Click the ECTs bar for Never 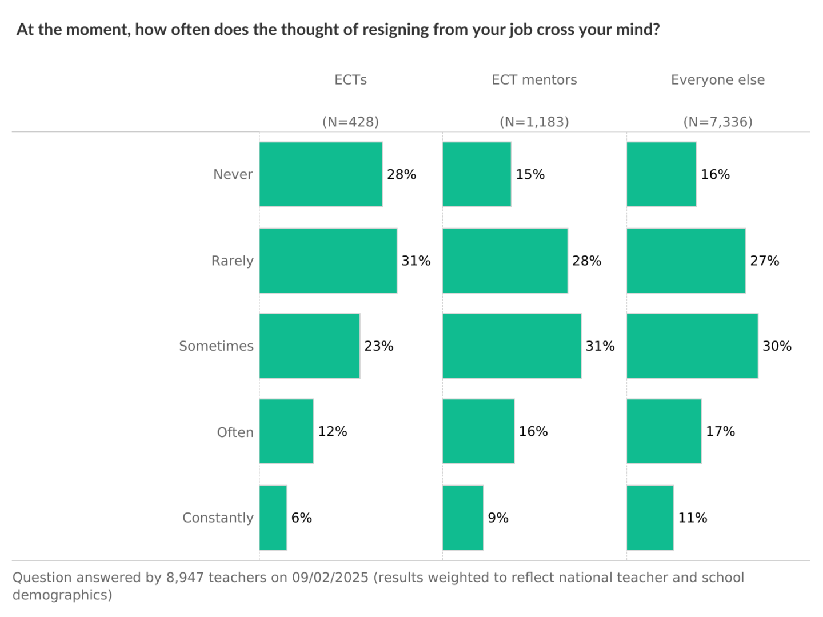(x=321, y=174)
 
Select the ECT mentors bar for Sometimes (x=512, y=346)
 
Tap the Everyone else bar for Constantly (x=650, y=518)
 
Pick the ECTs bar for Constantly (x=273, y=518)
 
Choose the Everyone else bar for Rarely (x=686, y=261)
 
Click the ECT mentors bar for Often (x=478, y=431)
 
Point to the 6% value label (x=302, y=518)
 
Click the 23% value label (x=379, y=346)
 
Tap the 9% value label (x=498, y=518)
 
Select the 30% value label (x=777, y=346)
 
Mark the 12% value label (x=333, y=431)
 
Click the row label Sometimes (x=216, y=346)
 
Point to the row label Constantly (x=218, y=518)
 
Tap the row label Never (x=233, y=174)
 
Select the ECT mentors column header (x=534, y=80)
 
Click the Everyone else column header (x=717, y=80)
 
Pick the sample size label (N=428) (x=350, y=122)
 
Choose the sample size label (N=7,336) (x=718, y=122)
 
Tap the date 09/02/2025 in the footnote (x=330, y=578)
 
